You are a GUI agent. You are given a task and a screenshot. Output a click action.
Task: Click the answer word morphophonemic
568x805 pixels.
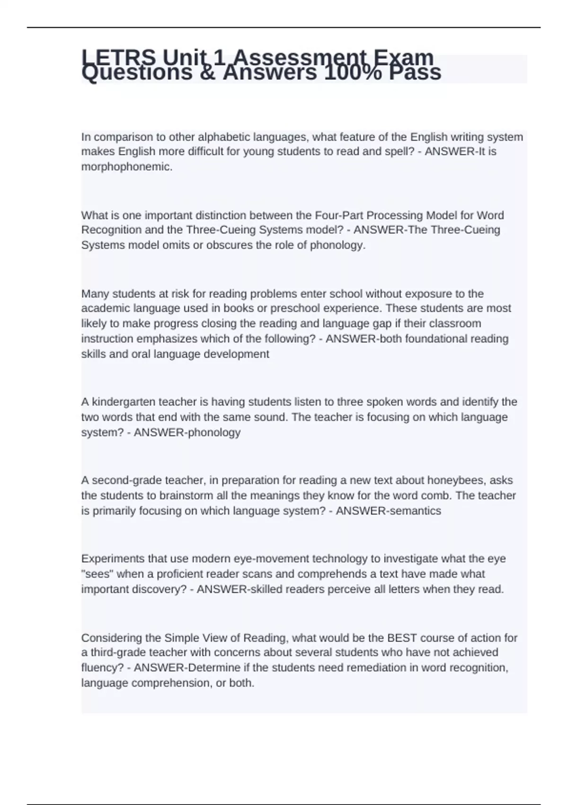pyautogui.click(x=126, y=167)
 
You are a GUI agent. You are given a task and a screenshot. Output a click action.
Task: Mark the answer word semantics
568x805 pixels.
pyautogui.click(x=414, y=510)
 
